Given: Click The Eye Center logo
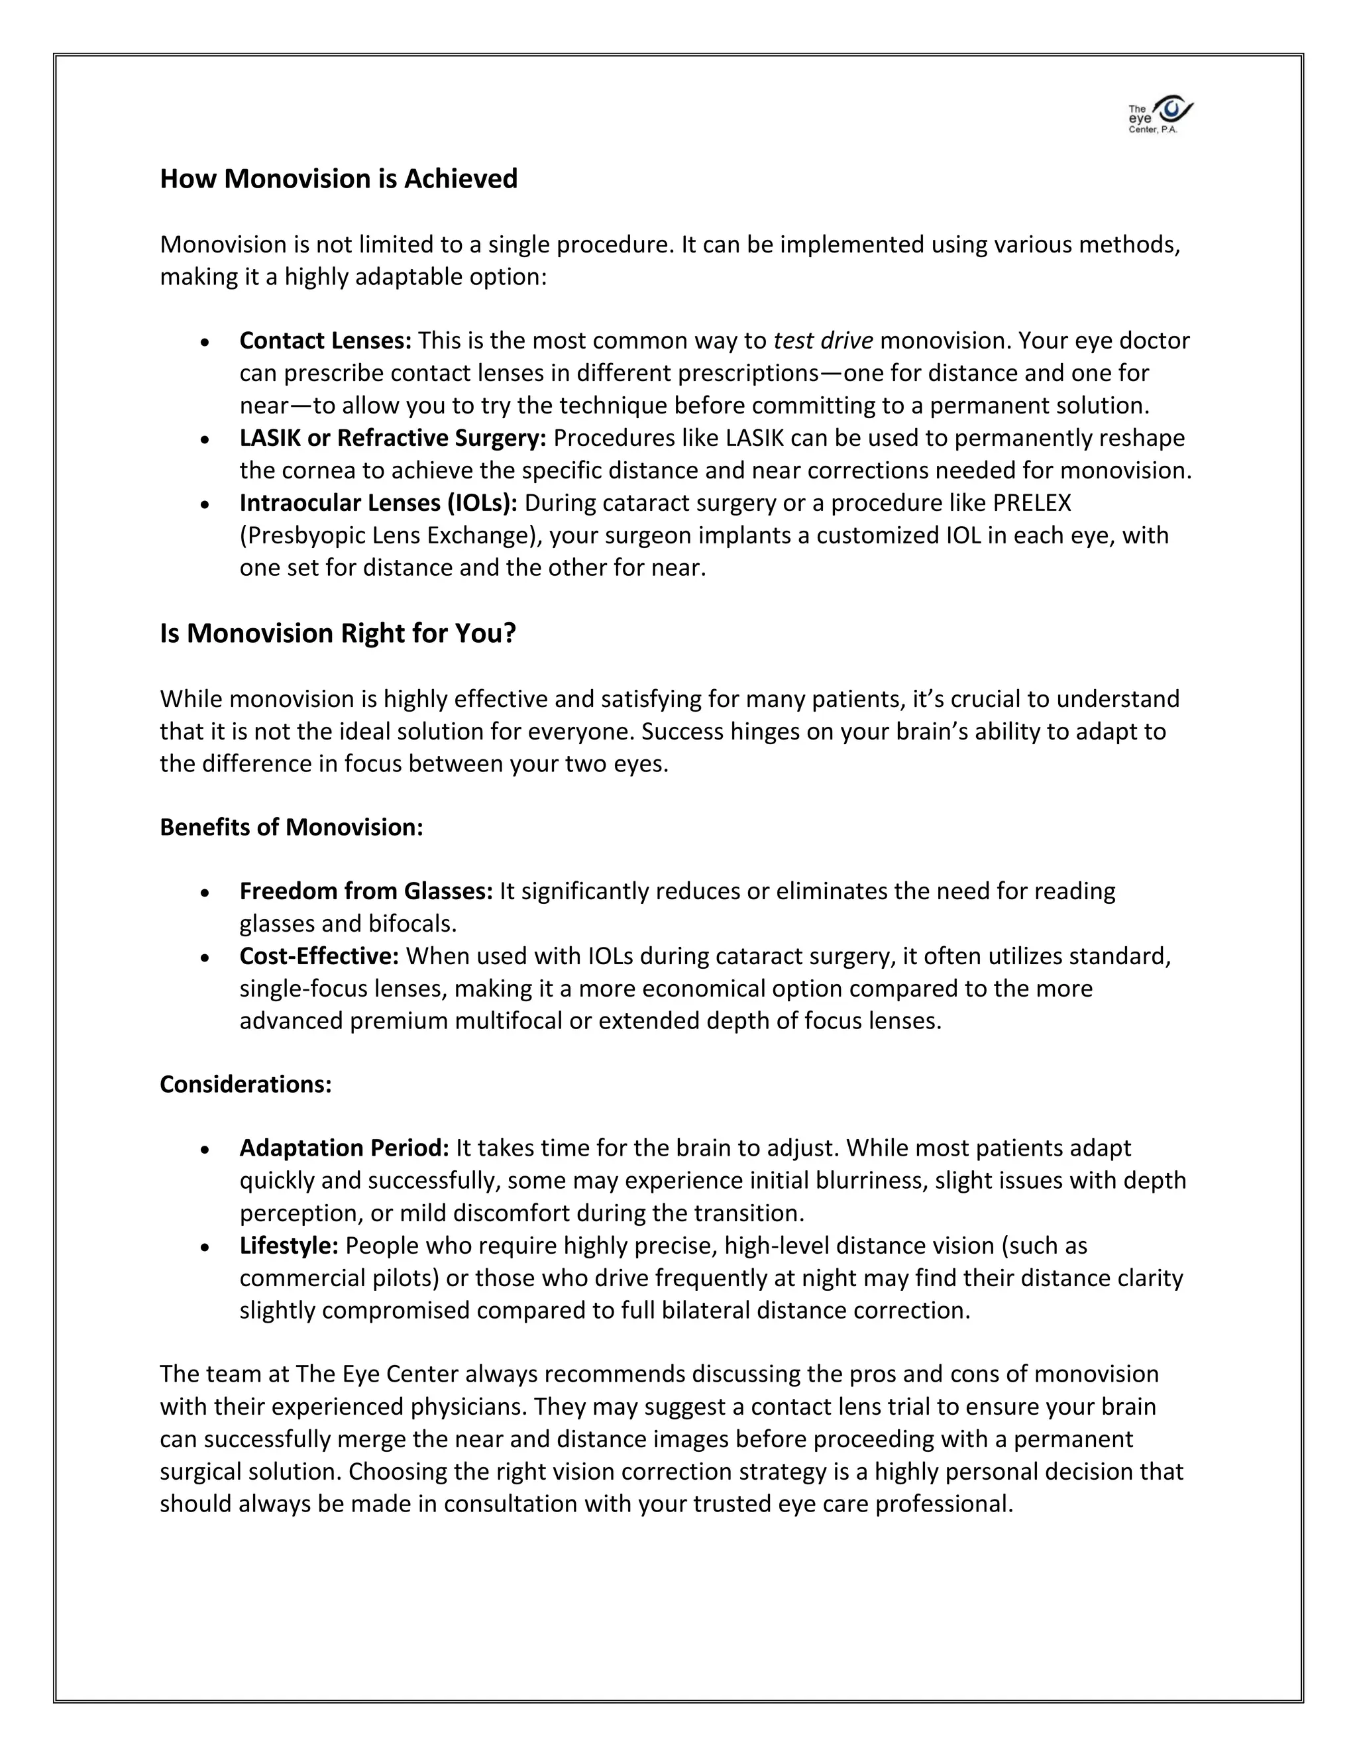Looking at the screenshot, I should click(x=1160, y=115).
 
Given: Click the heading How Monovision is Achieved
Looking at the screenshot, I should click(x=339, y=178).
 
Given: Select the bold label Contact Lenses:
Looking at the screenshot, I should click(x=325, y=341).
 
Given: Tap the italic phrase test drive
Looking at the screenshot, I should click(x=822, y=341).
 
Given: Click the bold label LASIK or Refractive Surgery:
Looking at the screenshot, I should click(x=392, y=438).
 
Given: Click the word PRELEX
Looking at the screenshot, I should click(x=1032, y=504).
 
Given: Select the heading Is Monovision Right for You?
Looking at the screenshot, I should click(x=338, y=633).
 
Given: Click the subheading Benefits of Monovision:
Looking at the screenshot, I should click(x=291, y=828).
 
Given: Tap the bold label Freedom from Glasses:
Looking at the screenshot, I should click(x=366, y=892).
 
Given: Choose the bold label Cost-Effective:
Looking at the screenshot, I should click(x=319, y=957).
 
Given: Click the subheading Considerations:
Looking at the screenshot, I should click(x=245, y=1085).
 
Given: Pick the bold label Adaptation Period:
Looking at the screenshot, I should click(x=344, y=1148).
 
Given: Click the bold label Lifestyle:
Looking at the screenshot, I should click(x=289, y=1246).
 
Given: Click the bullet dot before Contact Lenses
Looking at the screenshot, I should click(x=206, y=343).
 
